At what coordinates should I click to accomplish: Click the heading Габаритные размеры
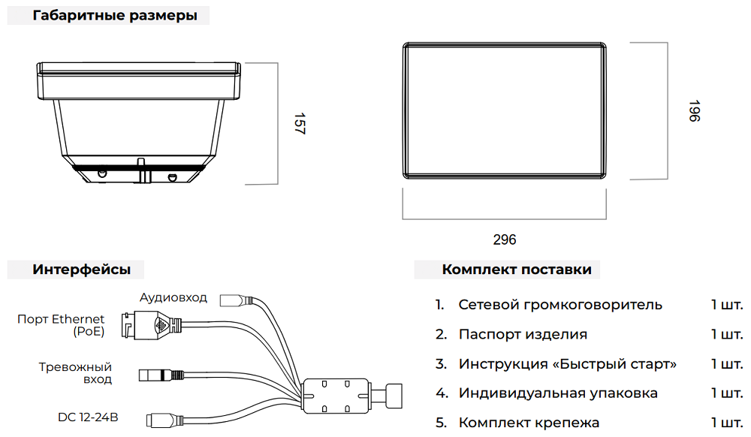(115, 16)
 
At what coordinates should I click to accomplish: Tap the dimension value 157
(299, 124)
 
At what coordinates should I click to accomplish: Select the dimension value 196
(693, 111)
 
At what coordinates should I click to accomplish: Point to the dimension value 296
(504, 240)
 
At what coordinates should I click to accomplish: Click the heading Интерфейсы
(81, 270)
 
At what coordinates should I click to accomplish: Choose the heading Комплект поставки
(517, 270)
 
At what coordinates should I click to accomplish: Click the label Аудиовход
(173, 297)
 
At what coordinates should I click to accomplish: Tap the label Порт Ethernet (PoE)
(61, 325)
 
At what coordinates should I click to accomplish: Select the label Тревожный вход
(75, 372)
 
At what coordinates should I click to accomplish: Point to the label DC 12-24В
(88, 417)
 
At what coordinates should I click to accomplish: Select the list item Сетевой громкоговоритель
(560, 305)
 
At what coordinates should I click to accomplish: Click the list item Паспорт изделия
(523, 334)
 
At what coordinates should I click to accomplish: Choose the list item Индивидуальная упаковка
(558, 393)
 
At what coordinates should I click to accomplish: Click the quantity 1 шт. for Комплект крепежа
(726, 423)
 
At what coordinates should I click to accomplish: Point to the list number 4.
(441, 393)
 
